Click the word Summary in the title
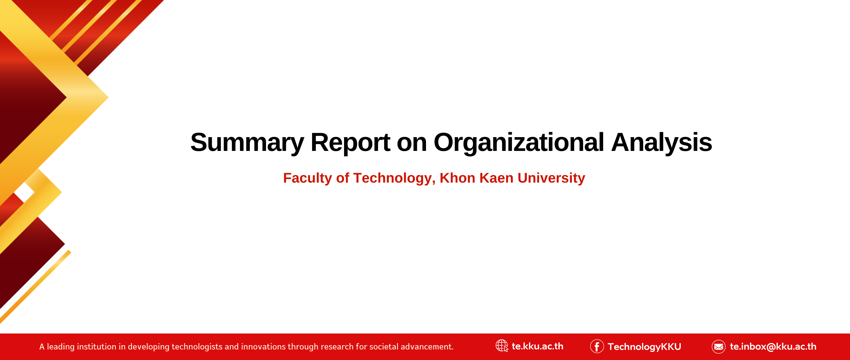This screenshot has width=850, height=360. click(x=247, y=143)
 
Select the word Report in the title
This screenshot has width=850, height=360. click(x=350, y=143)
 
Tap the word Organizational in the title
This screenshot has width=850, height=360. click(x=519, y=143)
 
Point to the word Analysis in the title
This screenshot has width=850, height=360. click(x=662, y=143)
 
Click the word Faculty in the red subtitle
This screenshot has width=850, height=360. click(x=307, y=178)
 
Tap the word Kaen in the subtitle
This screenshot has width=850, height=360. click(x=497, y=178)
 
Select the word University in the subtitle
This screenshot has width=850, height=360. click(x=551, y=178)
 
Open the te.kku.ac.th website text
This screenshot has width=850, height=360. click(x=538, y=346)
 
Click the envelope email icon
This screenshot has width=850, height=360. click(x=718, y=346)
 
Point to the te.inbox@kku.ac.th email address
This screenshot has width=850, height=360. click(x=773, y=346)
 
